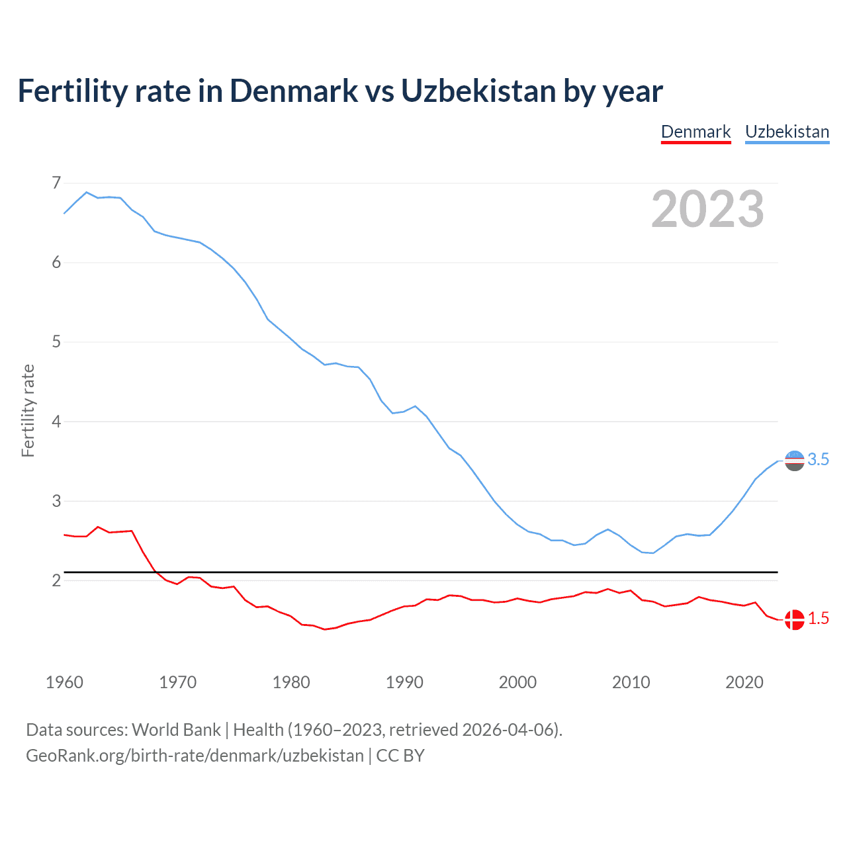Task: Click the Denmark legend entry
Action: tap(695, 132)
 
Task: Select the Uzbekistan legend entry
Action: tap(787, 132)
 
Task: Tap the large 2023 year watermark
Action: tap(707, 209)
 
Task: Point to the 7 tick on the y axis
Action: tap(56, 183)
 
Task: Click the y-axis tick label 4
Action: tap(56, 422)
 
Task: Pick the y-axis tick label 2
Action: tap(56, 581)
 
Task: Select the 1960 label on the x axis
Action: tap(64, 682)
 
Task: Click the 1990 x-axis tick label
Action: tap(404, 682)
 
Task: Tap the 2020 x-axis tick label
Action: tap(744, 682)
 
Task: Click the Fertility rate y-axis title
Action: tap(28, 410)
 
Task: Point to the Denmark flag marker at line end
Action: tap(794, 619)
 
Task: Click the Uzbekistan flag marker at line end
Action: tap(794, 460)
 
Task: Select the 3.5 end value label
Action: tap(819, 460)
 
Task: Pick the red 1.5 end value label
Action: tap(819, 619)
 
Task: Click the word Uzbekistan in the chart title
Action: tap(478, 91)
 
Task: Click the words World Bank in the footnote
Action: tap(176, 730)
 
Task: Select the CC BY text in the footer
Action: tap(400, 756)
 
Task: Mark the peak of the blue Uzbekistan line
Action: tap(87, 192)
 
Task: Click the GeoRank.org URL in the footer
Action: tap(195, 756)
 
